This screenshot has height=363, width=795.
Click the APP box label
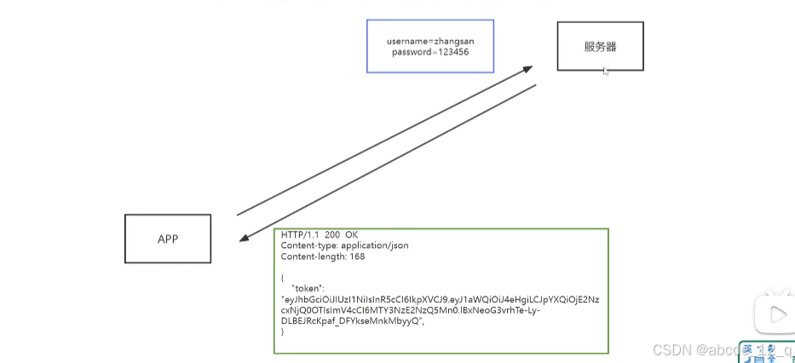(168, 239)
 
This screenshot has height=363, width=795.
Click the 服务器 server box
(600, 46)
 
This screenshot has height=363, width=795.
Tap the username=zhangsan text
(429, 40)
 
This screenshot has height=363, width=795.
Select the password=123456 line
(430, 52)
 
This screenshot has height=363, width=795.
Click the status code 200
(331, 234)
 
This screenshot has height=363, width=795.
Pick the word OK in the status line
(351, 234)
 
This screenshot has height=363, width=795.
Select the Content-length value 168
(356, 256)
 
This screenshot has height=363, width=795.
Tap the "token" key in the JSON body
(311, 288)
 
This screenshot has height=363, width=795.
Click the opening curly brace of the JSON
(283, 278)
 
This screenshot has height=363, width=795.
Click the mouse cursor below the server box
(606, 72)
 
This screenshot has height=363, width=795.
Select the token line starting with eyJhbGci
(441, 300)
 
